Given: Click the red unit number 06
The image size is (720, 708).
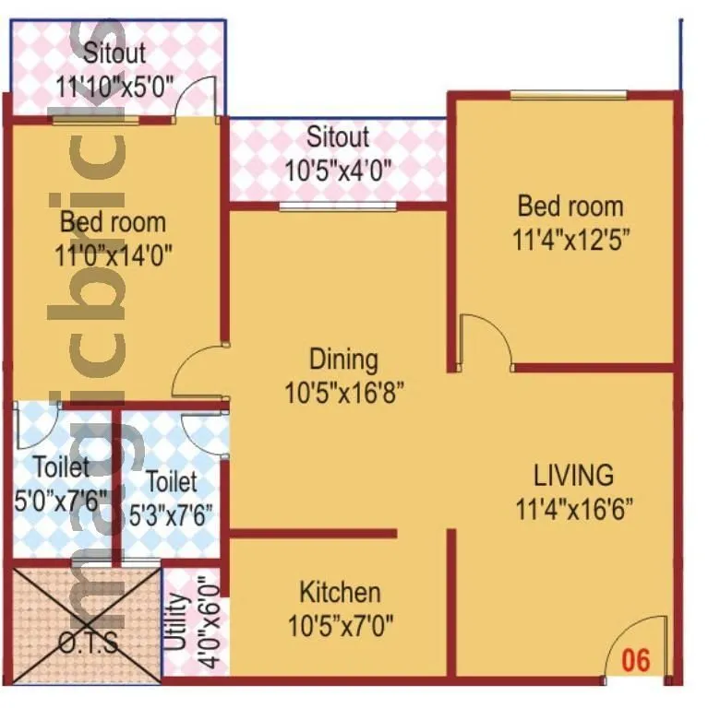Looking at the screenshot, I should tap(636, 660).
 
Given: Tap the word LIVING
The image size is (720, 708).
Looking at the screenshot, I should tap(573, 476).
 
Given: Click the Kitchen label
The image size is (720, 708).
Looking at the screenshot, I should tap(340, 592).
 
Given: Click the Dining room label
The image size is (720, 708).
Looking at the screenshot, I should tap(342, 359).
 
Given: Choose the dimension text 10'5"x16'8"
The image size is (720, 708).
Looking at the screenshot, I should tap(343, 393).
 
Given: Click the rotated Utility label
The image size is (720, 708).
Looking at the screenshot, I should tap(180, 624).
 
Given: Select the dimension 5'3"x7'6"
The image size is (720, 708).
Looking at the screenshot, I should tap(173, 514).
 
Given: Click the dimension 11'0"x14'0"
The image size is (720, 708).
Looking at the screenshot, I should tap(113, 254).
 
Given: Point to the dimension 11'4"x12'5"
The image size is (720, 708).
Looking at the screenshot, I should tap(570, 240).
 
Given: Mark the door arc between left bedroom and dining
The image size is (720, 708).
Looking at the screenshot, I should tap(198, 373).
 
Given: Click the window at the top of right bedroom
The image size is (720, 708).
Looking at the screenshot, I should tap(569, 94).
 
